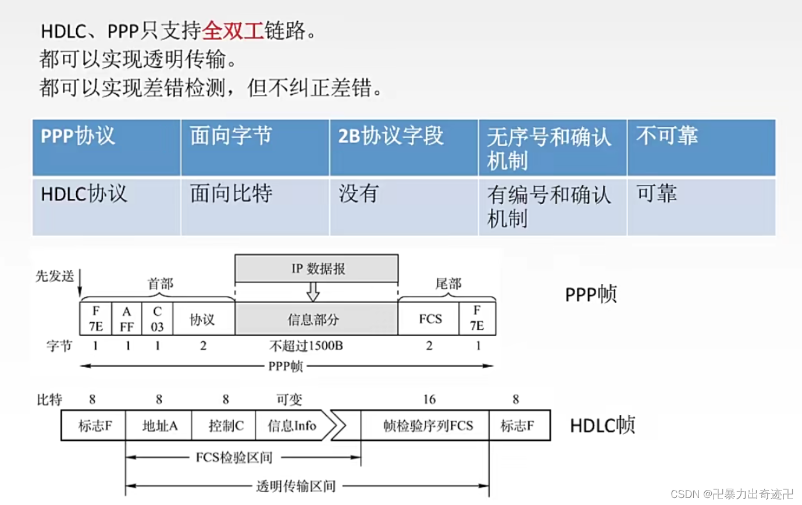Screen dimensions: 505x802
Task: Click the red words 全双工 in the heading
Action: pos(233,30)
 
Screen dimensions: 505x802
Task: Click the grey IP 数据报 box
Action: pos(317,269)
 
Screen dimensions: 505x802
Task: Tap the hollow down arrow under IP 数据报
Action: pos(313,291)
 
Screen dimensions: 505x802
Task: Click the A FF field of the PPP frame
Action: pos(127,319)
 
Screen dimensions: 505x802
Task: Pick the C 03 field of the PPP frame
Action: pos(157,319)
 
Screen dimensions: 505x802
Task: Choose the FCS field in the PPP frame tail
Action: pos(430,319)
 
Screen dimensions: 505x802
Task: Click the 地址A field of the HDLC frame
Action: pos(159,426)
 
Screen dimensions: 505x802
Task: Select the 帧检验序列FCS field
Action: pos(428,426)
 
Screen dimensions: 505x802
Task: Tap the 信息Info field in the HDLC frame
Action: pos(293,426)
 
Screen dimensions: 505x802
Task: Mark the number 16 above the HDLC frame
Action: pos(429,399)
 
